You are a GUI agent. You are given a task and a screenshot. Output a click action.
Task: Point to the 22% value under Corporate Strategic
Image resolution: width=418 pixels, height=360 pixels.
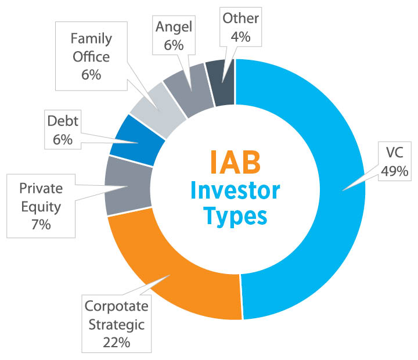pyautogui.click(x=116, y=341)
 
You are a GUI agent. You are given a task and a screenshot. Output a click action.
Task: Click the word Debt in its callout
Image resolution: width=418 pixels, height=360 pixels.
pyautogui.click(x=62, y=123)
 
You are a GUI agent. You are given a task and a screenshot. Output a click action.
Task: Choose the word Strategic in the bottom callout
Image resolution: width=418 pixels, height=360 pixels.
pyautogui.click(x=116, y=323)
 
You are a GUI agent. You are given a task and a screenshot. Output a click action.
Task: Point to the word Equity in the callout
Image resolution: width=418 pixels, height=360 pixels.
pyautogui.click(x=41, y=206)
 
